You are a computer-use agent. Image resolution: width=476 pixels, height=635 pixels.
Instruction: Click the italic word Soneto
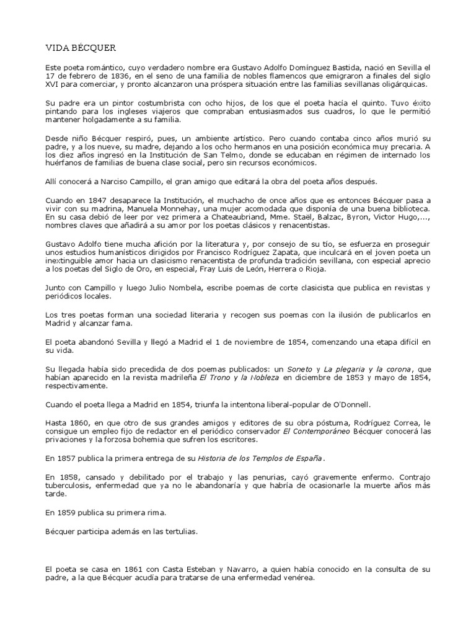click(300, 369)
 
